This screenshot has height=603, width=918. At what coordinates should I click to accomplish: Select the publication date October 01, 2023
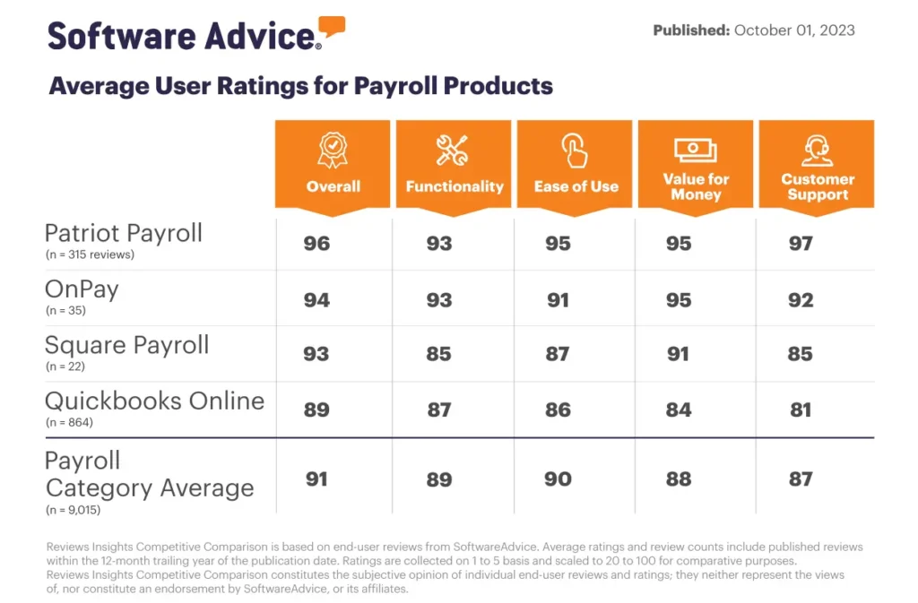coord(794,30)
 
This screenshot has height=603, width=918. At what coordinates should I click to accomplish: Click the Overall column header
coord(333,186)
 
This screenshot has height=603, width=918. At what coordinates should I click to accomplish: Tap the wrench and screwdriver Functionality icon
coord(453,151)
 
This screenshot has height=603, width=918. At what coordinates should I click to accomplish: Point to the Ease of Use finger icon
coord(576,150)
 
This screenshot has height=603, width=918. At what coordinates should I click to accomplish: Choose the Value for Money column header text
coord(696,186)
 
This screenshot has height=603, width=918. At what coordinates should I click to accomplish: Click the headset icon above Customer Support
coord(816,150)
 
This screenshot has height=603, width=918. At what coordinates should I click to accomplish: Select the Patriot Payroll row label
coord(124,233)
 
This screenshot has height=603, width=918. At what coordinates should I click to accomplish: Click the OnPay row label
coord(82,289)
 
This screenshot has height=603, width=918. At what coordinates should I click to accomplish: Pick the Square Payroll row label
coord(126,345)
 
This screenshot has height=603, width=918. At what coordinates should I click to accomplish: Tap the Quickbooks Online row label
coord(154,401)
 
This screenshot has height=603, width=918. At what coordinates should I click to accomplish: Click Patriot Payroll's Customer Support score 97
coord(801,244)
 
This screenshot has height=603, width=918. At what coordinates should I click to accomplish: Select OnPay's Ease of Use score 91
coord(558,300)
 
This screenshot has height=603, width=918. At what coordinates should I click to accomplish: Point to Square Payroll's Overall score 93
coord(316,354)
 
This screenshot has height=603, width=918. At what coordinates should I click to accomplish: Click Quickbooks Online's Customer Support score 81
coord(801,409)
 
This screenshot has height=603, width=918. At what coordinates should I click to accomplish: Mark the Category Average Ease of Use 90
coord(558,479)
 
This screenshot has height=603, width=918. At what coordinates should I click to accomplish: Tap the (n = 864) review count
coord(71,421)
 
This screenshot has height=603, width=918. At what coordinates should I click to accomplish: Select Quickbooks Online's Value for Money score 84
coord(679,409)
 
